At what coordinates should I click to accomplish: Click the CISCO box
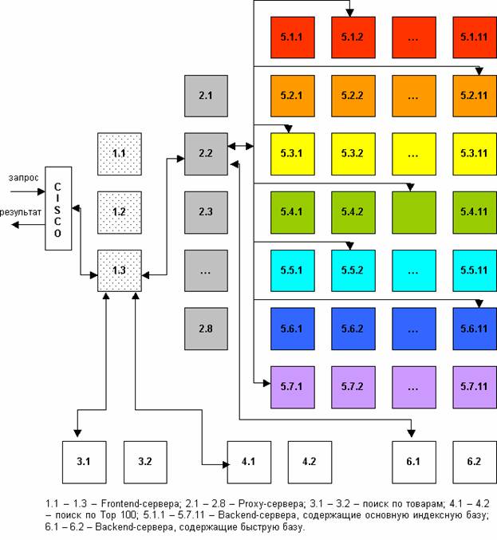(x=58, y=210)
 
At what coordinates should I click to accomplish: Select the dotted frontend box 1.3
(x=119, y=270)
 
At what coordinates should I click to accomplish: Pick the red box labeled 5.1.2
(x=353, y=37)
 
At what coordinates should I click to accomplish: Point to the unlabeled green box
(x=413, y=212)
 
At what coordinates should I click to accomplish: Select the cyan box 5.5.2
(x=353, y=270)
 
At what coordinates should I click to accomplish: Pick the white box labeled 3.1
(x=84, y=461)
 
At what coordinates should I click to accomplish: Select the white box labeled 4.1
(x=248, y=461)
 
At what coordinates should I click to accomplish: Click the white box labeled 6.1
(x=413, y=461)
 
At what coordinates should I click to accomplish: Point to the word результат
(x=20, y=213)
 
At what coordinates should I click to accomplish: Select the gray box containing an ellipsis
(x=205, y=270)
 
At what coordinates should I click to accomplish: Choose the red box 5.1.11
(x=474, y=37)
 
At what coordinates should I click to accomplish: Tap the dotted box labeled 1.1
(x=119, y=153)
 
